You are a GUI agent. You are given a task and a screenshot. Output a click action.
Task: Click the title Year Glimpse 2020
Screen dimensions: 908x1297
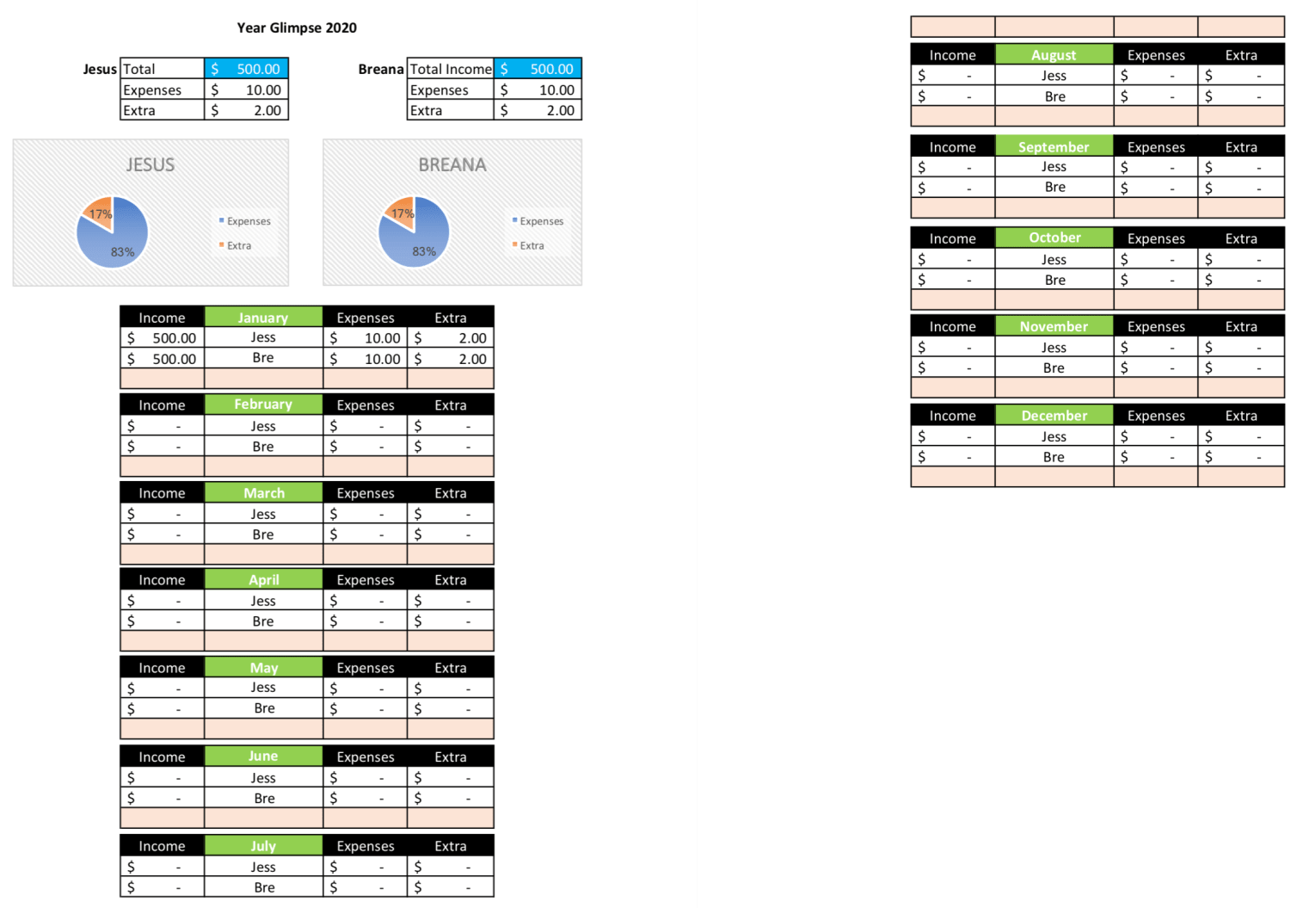tap(297, 28)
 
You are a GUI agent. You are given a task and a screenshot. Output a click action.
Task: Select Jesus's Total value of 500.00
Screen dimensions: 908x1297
tap(247, 69)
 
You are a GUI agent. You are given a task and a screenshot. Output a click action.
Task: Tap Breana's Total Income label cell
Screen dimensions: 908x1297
tap(450, 69)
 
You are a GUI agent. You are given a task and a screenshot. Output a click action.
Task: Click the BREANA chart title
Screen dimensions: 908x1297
tap(452, 164)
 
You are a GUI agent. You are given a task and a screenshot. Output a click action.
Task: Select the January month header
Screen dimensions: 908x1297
tap(263, 318)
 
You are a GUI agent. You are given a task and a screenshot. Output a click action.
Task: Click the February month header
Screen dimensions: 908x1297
tap(263, 405)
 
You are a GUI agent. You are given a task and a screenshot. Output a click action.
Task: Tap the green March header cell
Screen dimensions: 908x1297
tap(263, 493)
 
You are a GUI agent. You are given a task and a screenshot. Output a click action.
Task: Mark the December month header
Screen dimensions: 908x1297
tap(1054, 416)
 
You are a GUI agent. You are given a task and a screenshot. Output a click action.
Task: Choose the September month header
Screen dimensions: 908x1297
tap(1054, 147)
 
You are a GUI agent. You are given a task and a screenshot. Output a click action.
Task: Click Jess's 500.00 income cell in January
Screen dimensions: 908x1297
tap(163, 338)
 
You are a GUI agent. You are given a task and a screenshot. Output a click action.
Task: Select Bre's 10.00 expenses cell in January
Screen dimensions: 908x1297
tap(366, 359)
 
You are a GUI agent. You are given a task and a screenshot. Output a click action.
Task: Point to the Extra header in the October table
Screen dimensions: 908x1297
tap(1241, 238)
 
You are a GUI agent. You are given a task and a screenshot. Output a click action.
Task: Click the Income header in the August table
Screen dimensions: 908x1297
tap(952, 55)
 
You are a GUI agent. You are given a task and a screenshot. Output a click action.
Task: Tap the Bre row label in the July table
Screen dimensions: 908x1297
tap(264, 887)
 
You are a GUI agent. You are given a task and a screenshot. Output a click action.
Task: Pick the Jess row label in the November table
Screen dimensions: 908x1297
tap(1054, 348)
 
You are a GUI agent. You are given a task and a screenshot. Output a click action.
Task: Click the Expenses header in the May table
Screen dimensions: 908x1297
tap(366, 668)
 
